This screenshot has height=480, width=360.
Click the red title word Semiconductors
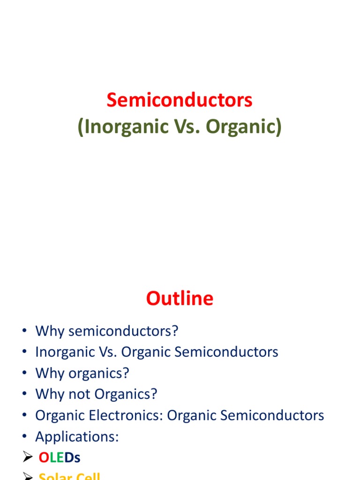pyautogui.click(x=180, y=100)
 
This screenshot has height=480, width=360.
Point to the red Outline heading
pyautogui.click(x=180, y=299)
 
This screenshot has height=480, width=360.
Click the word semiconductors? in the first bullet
pyautogui.click(x=124, y=331)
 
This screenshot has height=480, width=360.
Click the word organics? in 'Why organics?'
pyautogui.click(x=98, y=373)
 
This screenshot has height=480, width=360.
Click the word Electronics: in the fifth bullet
pyautogui.click(x=126, y=415)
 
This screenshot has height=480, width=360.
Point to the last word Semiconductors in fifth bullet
pyautogui.click(x=271, y=415)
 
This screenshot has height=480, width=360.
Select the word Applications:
pyautogui.click(x=77, y=437)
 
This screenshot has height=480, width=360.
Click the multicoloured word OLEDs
pyautogui.click(x=60, y=458)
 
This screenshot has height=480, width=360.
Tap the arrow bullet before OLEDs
pyautogui.click(x=27, y=458)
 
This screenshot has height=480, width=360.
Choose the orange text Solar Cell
pyautogui.click(x=69, y=476)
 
